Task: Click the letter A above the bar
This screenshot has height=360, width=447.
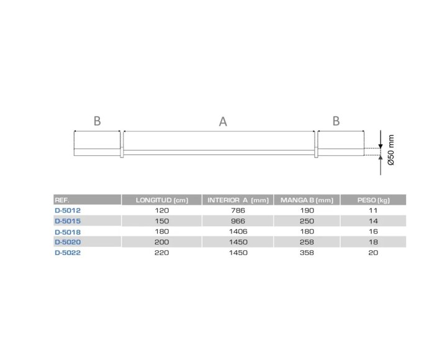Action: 223,122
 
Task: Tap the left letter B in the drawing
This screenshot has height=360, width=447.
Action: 97,121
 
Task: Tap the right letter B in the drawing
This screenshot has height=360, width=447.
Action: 336,121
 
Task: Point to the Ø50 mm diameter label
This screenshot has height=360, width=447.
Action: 391,151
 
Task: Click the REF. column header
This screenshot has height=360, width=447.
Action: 62,200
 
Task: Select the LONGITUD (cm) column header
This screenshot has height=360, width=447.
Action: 162,200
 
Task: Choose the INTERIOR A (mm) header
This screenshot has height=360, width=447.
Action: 238,200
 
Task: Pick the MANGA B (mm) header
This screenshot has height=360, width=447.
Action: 307,200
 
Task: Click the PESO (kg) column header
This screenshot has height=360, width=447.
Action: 374,200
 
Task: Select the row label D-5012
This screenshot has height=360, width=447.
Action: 68,210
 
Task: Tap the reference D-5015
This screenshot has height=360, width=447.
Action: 68,221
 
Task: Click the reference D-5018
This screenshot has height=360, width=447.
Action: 68,232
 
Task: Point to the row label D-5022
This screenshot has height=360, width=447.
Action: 68,253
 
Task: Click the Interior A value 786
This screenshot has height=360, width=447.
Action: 238,210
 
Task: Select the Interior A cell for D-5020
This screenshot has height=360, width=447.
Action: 238,242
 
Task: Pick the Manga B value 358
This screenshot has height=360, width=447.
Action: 307,253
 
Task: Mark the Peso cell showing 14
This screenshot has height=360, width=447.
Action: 374,221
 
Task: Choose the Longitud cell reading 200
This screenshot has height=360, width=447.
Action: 162,242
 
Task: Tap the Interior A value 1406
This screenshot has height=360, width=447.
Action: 238,232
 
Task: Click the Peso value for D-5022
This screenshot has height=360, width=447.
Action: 374,253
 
